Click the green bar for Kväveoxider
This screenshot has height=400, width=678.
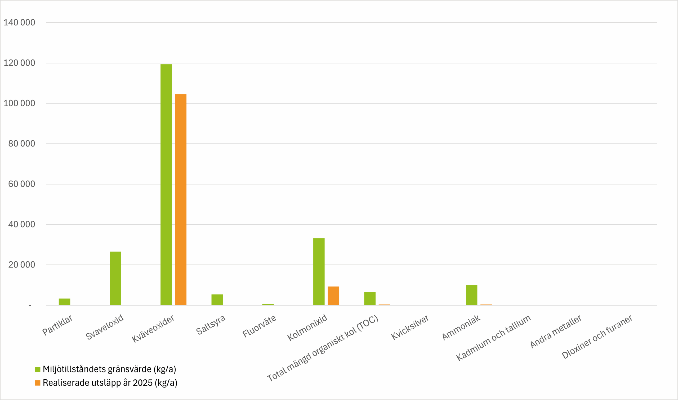pyautogui.click(x=166, y=184)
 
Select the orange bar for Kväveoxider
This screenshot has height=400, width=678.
pyautogui.click(x=181, y=199)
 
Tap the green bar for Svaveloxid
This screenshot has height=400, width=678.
pyautogui.click(x=115, y=278)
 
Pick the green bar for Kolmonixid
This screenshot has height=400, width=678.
pyautogui.click(x=319, y=271)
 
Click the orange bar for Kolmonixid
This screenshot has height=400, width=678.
pyautogui.click(x=333, y=296)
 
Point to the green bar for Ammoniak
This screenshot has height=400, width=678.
pyautogui.click(x=472, y=295)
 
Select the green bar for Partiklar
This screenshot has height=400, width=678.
pyautogui.click(x=64, y=302)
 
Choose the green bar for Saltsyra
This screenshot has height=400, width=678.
pyautogui.click(x=217, y=299)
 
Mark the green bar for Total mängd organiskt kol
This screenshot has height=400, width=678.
pyautogui.click(x=370, y=298)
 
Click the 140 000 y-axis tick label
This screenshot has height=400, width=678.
pyautogui.click(x=19, y=22)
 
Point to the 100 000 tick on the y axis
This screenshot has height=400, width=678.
pyautogui.click(x=19, y=103)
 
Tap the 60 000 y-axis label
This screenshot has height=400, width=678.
pyautogui.click(x=21, y=184)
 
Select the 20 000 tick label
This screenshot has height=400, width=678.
pyautogui.click(x=21, y=265)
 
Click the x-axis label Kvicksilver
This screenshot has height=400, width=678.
pyautogui.click(x=410, y=327)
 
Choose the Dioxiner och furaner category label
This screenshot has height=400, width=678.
pyautogui.click(x=597, y=337)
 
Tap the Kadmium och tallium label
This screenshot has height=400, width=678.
pyautogui.click(x=493, y=338)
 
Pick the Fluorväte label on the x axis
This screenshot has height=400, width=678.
pyautogui.click(x=259, y=326)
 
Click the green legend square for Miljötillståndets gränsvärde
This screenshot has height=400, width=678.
pyautogui.click(x=38, y=369)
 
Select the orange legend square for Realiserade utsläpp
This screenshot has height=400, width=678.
pyautogui.click(x=38, y=383)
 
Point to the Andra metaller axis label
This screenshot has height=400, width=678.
pyautogui.click(x=556, y=331)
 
